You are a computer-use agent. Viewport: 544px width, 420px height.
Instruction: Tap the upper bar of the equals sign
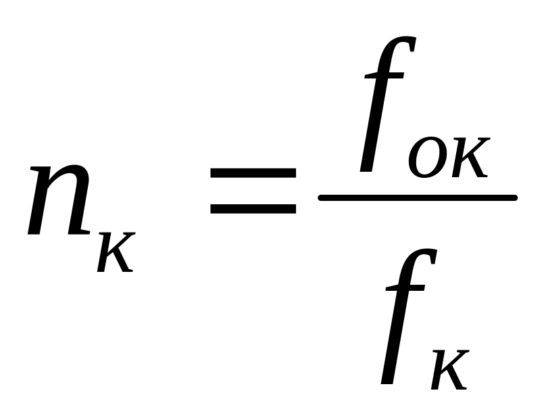click(253, 173)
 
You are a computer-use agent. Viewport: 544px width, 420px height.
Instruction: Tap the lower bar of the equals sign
click(253, 208)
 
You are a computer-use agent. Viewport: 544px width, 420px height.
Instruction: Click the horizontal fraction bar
click(418, 197)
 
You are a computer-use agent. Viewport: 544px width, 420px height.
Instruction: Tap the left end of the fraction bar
click(322, 197)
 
